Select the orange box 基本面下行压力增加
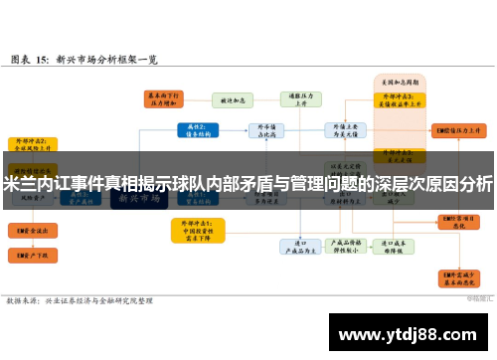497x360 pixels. (x=162, y=99)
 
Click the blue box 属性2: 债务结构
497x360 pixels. (x=195, y=129)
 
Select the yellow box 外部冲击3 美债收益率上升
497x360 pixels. (x=395, y=100)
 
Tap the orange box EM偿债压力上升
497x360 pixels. (x=460, y=130)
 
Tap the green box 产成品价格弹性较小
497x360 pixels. (x=349, y=246)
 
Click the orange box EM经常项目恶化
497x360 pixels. (x=460, y=221)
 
